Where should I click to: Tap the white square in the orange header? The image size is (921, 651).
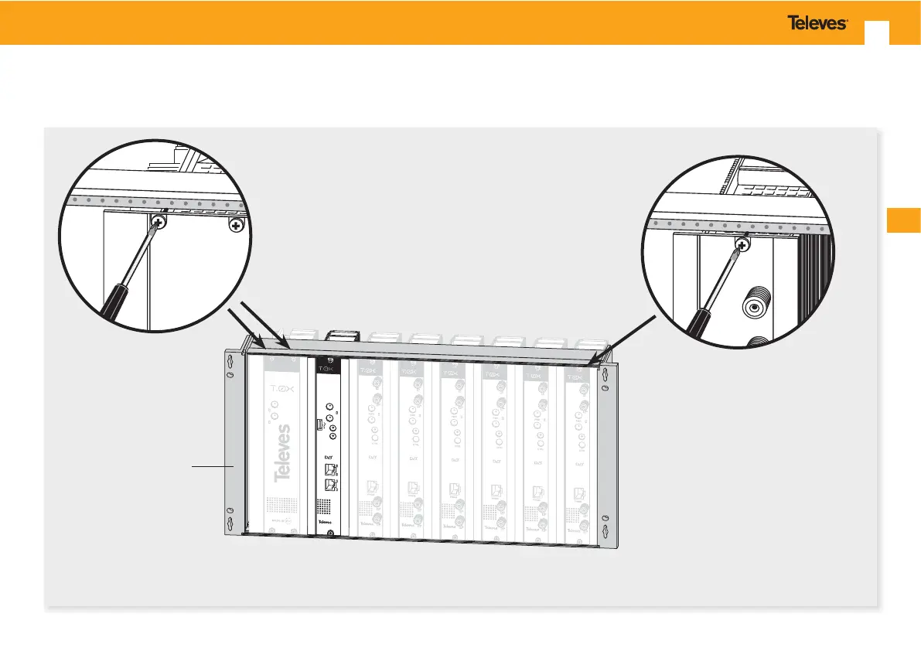point(877,32)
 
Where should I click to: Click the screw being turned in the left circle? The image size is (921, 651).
point(159,224)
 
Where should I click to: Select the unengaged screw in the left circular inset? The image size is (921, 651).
point(236,225)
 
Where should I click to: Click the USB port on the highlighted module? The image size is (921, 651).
point(318,424)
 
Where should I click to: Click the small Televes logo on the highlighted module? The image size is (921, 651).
point(330,523)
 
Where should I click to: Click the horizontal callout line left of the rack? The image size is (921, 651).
point(213,466)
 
